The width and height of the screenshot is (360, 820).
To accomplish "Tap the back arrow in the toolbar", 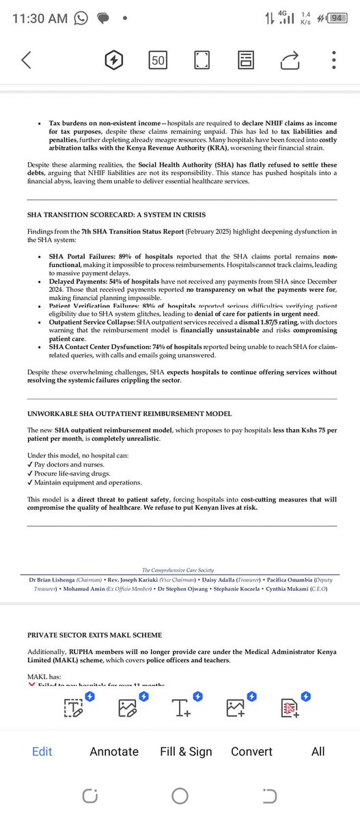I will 26,60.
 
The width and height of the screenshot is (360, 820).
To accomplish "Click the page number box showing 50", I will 158,60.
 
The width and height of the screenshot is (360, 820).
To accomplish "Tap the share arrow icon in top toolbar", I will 290,60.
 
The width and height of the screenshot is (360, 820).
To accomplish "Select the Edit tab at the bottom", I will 42,752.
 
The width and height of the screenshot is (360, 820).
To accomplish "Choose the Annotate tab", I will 114,752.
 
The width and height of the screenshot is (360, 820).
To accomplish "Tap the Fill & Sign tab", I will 186,752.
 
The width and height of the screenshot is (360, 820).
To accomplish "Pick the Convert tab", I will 251,752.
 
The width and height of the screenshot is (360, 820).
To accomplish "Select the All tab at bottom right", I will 318,752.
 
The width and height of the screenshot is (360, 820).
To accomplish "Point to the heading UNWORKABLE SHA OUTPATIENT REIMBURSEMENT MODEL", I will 129,413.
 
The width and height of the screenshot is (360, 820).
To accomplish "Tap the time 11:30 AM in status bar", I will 41,19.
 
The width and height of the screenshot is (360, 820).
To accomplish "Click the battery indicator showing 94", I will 335,18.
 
